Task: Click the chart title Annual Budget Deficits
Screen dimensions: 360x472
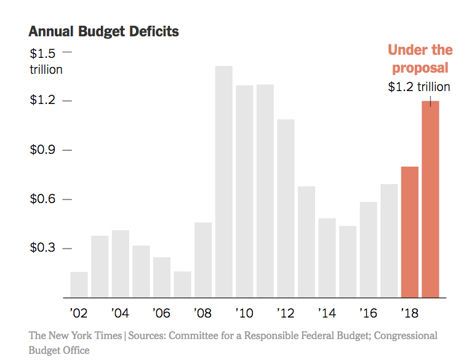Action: point(103,31)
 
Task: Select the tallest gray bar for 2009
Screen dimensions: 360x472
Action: point(223,182)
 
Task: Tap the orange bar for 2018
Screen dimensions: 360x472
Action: point(409,232)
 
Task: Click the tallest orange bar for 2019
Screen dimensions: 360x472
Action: point(430,199)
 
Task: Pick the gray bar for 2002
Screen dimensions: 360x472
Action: point(79,284)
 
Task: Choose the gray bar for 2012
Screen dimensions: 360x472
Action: point(286,208)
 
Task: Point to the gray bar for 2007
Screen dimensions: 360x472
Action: point(182,284)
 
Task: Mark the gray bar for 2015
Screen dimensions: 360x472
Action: point(348,262)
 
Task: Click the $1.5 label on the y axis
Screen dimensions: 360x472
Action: point(42,54)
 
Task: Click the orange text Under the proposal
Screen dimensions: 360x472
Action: point(420,58)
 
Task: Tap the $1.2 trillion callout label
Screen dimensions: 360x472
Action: point(418,87)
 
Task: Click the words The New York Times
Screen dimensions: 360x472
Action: point(76,336)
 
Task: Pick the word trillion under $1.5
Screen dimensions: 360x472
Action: point(46,70)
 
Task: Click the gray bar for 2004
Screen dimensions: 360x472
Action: point(120,264)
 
